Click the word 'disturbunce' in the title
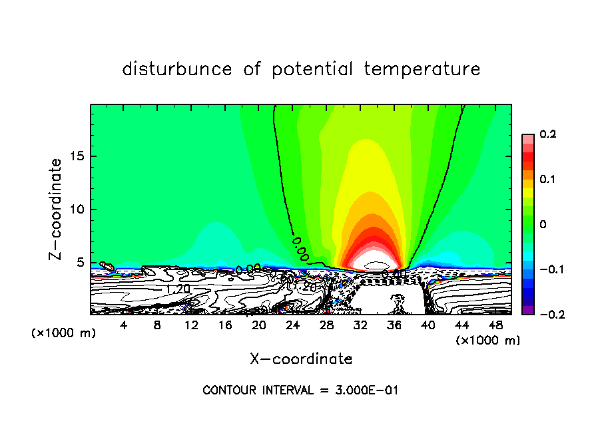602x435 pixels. click(x=177, y=69)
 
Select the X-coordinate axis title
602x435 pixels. click(x=301, y=359)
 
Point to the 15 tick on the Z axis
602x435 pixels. click(x=79, y=156)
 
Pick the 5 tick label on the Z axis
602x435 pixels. click(x=82, y=263)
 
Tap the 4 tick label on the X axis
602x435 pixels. click(x=123, y=325)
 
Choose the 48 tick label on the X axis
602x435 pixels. click(x=495, y=325)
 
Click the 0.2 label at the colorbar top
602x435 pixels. click(x=547, y=134)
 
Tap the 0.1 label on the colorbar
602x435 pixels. click(x=547, y=180)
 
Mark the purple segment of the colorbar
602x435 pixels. click(x=527, y=310)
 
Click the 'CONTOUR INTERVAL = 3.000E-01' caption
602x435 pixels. click(x=300, y=390)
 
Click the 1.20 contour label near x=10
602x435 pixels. click(x=178, y=289)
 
